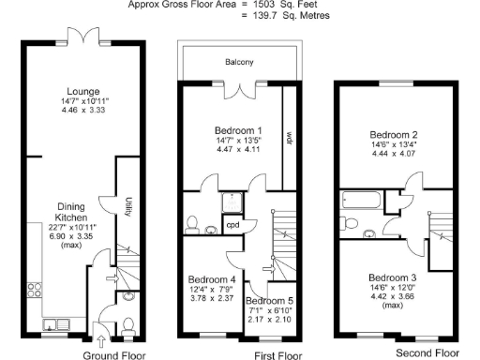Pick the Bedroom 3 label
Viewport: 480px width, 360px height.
[x=392, y=277]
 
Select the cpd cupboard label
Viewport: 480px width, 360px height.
[x=232, y=225]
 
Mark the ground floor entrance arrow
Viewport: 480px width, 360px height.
[x=101, y=337]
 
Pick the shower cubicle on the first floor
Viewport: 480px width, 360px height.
[x=231, y=202]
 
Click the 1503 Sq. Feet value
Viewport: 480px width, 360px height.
[x=266, y=5]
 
